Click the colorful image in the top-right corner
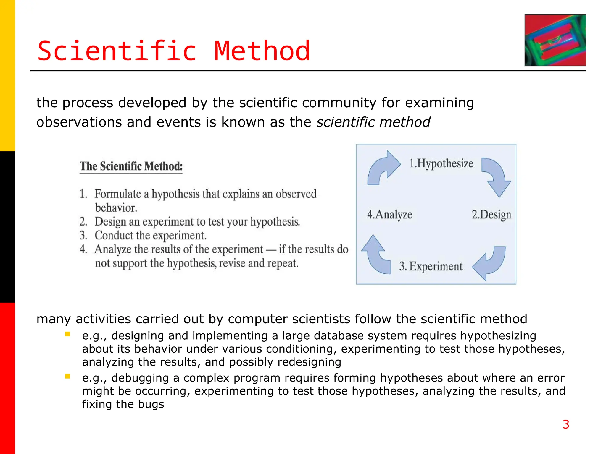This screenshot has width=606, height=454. pos(555,40)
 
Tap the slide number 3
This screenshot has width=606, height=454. pos(566,424)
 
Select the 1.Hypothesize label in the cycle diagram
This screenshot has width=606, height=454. pos(441,163)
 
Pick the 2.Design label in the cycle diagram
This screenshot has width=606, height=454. pos(491,215)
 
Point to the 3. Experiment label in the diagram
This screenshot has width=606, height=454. pos(431,266)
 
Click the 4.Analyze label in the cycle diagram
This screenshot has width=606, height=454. pos(389,215)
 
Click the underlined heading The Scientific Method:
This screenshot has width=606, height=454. pos(131,166)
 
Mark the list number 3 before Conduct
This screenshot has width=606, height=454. pos(83,236)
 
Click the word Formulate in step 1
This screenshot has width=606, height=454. pos(117,194)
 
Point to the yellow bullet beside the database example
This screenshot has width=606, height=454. pos(68,334)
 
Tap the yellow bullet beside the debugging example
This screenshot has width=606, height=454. pos(68,377)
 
